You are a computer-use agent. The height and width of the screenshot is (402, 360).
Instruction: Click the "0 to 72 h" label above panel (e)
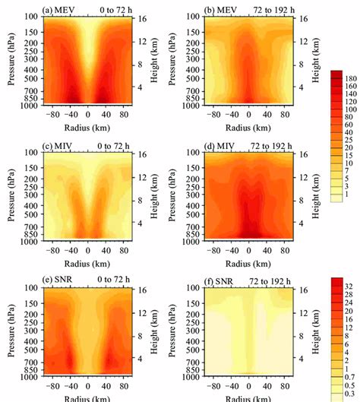click(118, 280)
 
